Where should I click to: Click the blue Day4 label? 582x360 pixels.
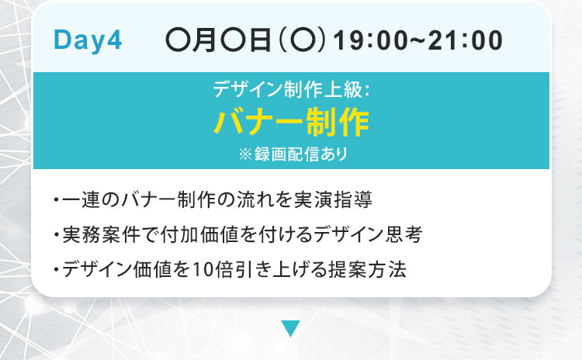pyautogui.click(x=88, y=40)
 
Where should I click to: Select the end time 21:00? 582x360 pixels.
pyautogui.click(x=466, y=40)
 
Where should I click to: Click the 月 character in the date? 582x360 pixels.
pyautogui.click(x=203, y=40)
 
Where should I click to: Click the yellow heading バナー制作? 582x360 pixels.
pyautogui.click(x=291, y=122)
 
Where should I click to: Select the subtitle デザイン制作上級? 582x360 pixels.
pyautogui.click(x=291, y=89)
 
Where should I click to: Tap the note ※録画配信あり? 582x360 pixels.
pyautogui.click(x=293, y=154)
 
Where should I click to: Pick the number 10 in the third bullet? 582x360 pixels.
pyautogui.click(x=203, y=270)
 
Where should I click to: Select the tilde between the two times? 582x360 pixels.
pyautogui.click(x=418, y=40)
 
